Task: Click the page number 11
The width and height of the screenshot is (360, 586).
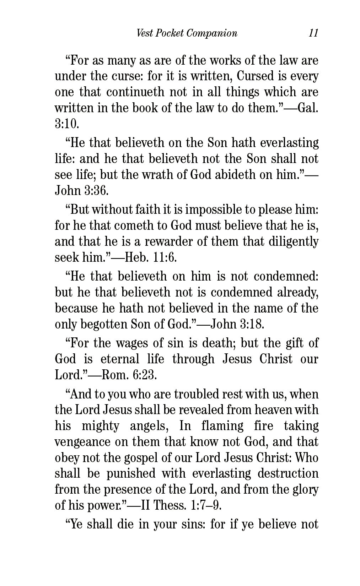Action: (x=313, y=33)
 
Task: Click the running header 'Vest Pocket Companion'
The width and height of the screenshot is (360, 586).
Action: (x=187, y=33)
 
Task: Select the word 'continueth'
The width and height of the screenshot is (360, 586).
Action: (x=135, y=92)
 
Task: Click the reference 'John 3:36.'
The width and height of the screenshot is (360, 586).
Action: (x=81, y=191)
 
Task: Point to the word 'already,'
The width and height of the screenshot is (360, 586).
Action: (x=299, y=292)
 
